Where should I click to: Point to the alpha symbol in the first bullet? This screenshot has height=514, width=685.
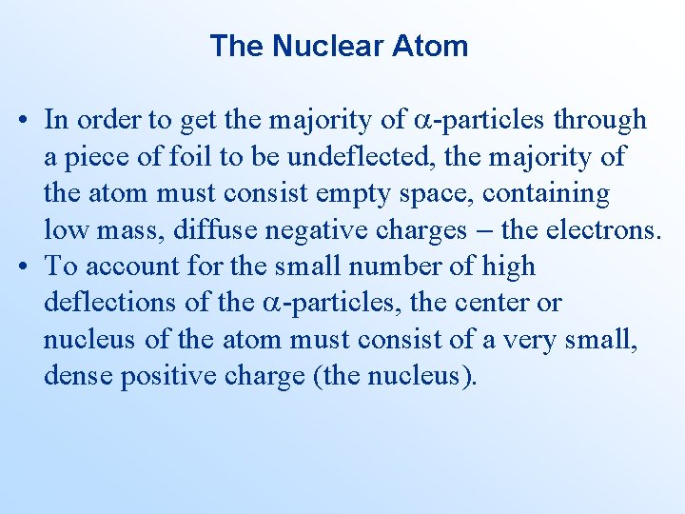[423, 121]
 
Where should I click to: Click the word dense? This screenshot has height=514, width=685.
[77, 377]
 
